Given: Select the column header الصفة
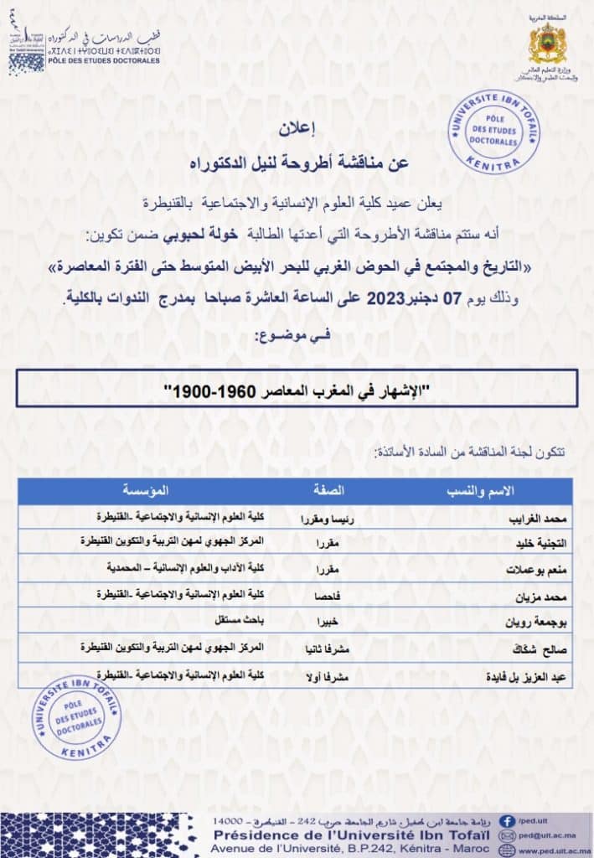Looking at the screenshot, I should (328, 490).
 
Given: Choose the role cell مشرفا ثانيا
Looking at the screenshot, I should (328, 648).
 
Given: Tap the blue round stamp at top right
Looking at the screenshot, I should (493, 132).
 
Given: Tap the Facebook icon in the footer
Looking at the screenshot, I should (507, 822).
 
